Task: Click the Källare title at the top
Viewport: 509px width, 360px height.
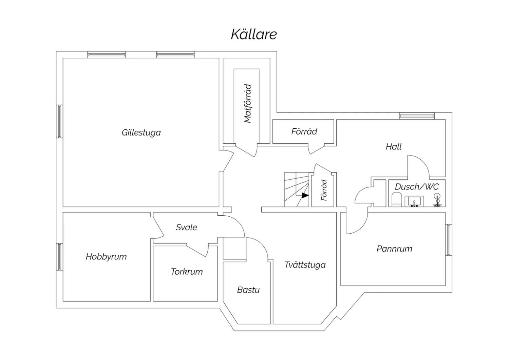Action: pyautogui.click(x=254, y=34)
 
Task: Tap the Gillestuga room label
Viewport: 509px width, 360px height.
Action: pyautogui.click(x=141, y=132)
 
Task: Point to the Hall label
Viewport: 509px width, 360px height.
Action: pyautogui.click(x=394, y=147)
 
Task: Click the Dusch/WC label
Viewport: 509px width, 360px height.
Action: pyautogui.click(x=417, y=187)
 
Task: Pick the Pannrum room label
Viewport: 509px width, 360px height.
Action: pyautogui.click(x=394, y=249)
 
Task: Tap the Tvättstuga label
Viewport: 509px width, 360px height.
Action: pyautogui.click(x=305, y=265)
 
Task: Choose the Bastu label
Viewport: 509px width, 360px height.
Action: pyautogui.click(x=248, y=290)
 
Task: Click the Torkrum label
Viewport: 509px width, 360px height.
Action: pyautogui.click(x=187, y=272)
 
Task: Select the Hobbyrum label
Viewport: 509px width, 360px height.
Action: pyautogui.click(x=106, y=257)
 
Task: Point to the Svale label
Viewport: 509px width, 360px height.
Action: pyautogui.click(x=186, y=227)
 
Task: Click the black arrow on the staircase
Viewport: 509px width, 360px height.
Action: pyautogui.click(x=305, y=195)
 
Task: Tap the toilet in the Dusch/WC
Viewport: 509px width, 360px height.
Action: pyautogui.click(x=397, y=200)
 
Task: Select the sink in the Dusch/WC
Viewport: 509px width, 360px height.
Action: pyautogui.click(x=414, y=201)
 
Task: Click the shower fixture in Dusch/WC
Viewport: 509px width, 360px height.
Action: pyautogui.click(x=437, y=200)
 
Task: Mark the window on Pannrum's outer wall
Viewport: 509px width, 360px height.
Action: pyautogui.click(x=449, y=240)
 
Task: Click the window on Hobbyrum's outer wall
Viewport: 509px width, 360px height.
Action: pyautogui.click(x=59, y=257)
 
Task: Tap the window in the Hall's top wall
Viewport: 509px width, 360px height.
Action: pyautogui.click(x=417, y=116)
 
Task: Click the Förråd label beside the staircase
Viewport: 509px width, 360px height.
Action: pyautogui.click(x=324, y=190)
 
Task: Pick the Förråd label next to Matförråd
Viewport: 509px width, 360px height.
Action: pyautogui.click(x=304, y=131)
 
